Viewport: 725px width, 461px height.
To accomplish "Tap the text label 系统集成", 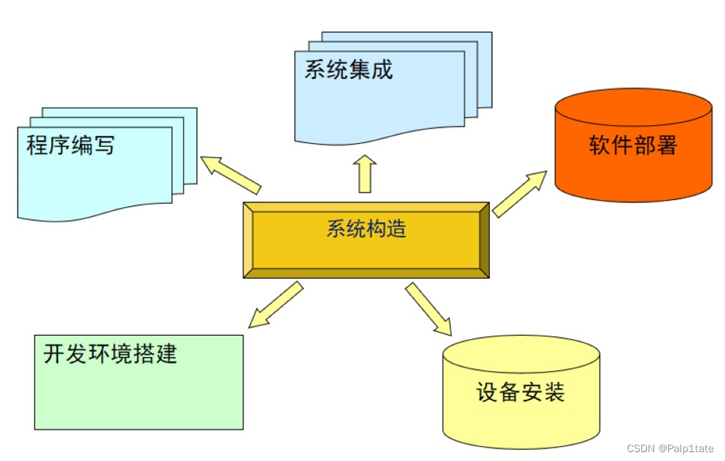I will (x=349, y=69).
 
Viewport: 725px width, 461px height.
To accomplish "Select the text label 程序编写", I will (x=71, y=145).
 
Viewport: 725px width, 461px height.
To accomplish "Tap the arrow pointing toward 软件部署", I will (x=519, y=194).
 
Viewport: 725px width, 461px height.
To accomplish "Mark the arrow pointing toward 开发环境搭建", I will (x=275, y=304).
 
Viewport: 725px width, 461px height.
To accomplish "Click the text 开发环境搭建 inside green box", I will (x=111, y=353).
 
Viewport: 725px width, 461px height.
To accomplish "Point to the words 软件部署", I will (x=633, y=145).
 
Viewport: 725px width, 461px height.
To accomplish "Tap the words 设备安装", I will (x=521, y=392).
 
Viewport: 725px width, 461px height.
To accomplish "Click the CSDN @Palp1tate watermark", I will (x=670, y=448).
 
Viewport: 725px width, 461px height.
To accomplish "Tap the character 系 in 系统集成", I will (x=316, y=69).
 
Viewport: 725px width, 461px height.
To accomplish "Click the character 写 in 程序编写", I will (x=104, y=145).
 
